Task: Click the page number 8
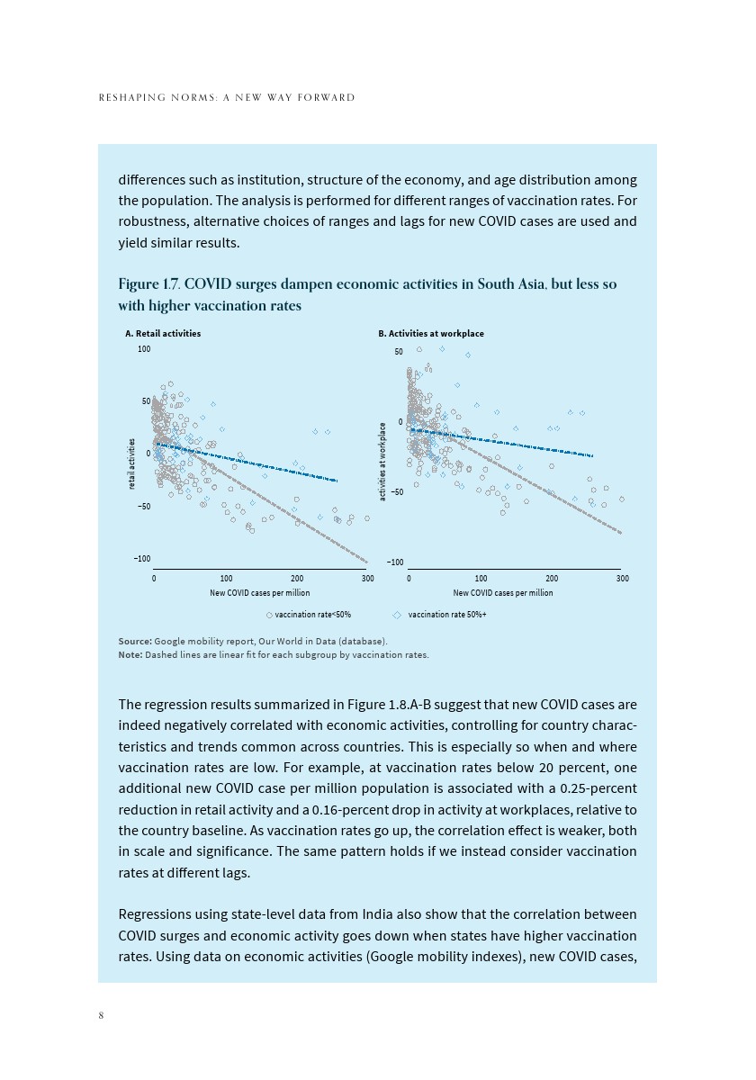click(x=102, y=1015)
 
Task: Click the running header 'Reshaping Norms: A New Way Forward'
click(x=227, y=97)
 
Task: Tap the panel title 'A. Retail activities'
click(x=163, y=333)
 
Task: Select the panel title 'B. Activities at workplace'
click(x=431, y=333)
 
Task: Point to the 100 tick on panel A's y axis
click(x=144, y=348)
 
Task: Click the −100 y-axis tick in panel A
click(x=142, y=559)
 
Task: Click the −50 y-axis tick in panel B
click(x=396, y=492)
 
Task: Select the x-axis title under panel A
click(x=260, y=593)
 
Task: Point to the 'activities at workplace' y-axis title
click(x=382, y=462)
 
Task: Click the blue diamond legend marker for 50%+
click(x=397, y=615)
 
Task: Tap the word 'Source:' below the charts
click(x=135, y=641)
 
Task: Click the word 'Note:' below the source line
click(x=130, y=654)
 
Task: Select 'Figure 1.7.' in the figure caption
click(x=146, y=284)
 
